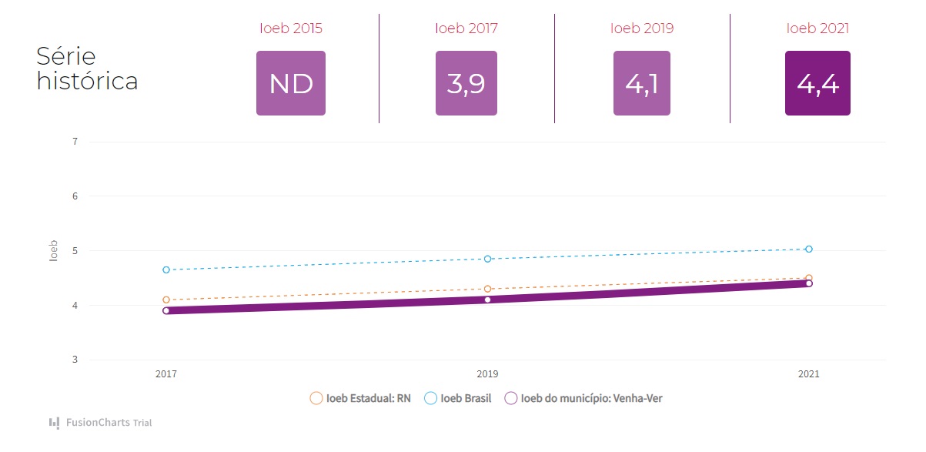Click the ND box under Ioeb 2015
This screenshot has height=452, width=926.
coord(291,83)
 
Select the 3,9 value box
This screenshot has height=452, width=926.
coord(466,83)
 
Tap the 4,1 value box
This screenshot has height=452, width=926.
coord(642,83)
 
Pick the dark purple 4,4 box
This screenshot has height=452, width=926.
coord(817,83)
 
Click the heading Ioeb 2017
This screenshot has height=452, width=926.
coord(466,28)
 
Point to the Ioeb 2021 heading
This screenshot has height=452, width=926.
coord(817,28)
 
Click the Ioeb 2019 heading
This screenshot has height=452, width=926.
coord(642,28)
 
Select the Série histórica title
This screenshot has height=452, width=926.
coord(87,69)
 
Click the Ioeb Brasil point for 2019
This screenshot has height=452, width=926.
coord(487,259)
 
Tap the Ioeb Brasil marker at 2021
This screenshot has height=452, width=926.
coord(809,249)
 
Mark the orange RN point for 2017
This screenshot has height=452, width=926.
coord(166,300)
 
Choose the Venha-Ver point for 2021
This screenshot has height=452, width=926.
coord(809,283)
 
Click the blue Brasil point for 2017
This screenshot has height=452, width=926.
coord(166,270)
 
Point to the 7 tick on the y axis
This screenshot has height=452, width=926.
coord(75,142)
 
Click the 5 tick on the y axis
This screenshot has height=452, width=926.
coord(75,251)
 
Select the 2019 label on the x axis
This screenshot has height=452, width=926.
coord(487,374)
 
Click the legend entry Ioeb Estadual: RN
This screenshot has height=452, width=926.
coord(360,399)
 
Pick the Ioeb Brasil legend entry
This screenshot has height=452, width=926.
coord(458,399)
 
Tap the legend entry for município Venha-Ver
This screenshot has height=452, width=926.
coord(583,399)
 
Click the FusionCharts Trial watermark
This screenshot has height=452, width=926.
coord(100,423)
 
